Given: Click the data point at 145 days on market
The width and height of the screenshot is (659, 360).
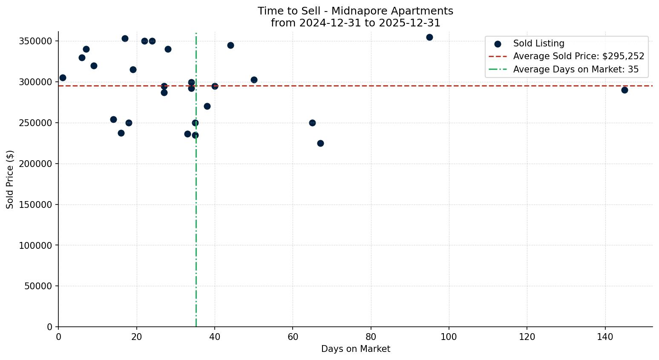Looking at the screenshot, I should coord(624,90).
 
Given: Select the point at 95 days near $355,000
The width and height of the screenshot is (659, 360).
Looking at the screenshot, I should coord(429,37).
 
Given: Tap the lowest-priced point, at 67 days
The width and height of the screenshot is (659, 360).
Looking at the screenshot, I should coord(320,143).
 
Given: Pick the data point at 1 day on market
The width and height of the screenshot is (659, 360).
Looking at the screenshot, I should coord(63,78).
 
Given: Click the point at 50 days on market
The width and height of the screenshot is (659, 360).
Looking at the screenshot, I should coord(254,80).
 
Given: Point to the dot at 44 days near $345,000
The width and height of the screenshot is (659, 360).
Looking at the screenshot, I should coord(230,45).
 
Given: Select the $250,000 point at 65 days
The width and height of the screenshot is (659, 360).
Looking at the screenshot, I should coord(312,123).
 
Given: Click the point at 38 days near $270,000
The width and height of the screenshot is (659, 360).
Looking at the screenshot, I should coord(207,106).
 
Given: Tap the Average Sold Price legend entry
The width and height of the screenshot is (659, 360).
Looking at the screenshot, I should coord(578,56).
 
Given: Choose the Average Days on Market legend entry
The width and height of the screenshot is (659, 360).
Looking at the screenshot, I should coord(576,69).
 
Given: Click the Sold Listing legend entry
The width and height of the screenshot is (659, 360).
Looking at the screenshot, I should coord(538,43).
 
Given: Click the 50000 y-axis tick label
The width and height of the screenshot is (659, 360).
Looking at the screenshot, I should coord(37,286).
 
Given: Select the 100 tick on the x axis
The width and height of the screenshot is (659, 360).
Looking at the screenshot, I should coord(449,337).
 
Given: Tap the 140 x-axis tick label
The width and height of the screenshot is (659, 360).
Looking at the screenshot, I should coord(605,337).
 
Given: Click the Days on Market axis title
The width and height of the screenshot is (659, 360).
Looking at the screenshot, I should coord(356,349).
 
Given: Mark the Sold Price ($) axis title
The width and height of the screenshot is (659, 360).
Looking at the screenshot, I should coord(10,179).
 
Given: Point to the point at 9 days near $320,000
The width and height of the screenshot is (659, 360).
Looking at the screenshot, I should coord(94,66).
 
